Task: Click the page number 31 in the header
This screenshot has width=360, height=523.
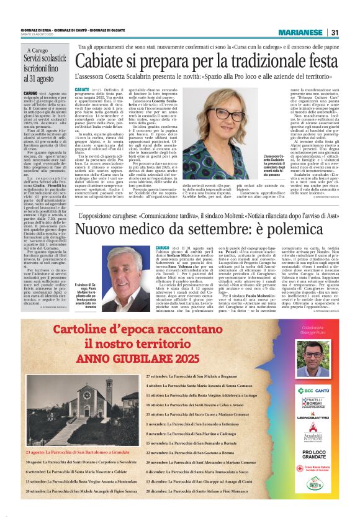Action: (x=335, y=33)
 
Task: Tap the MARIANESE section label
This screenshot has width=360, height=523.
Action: (x=300, y=33)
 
